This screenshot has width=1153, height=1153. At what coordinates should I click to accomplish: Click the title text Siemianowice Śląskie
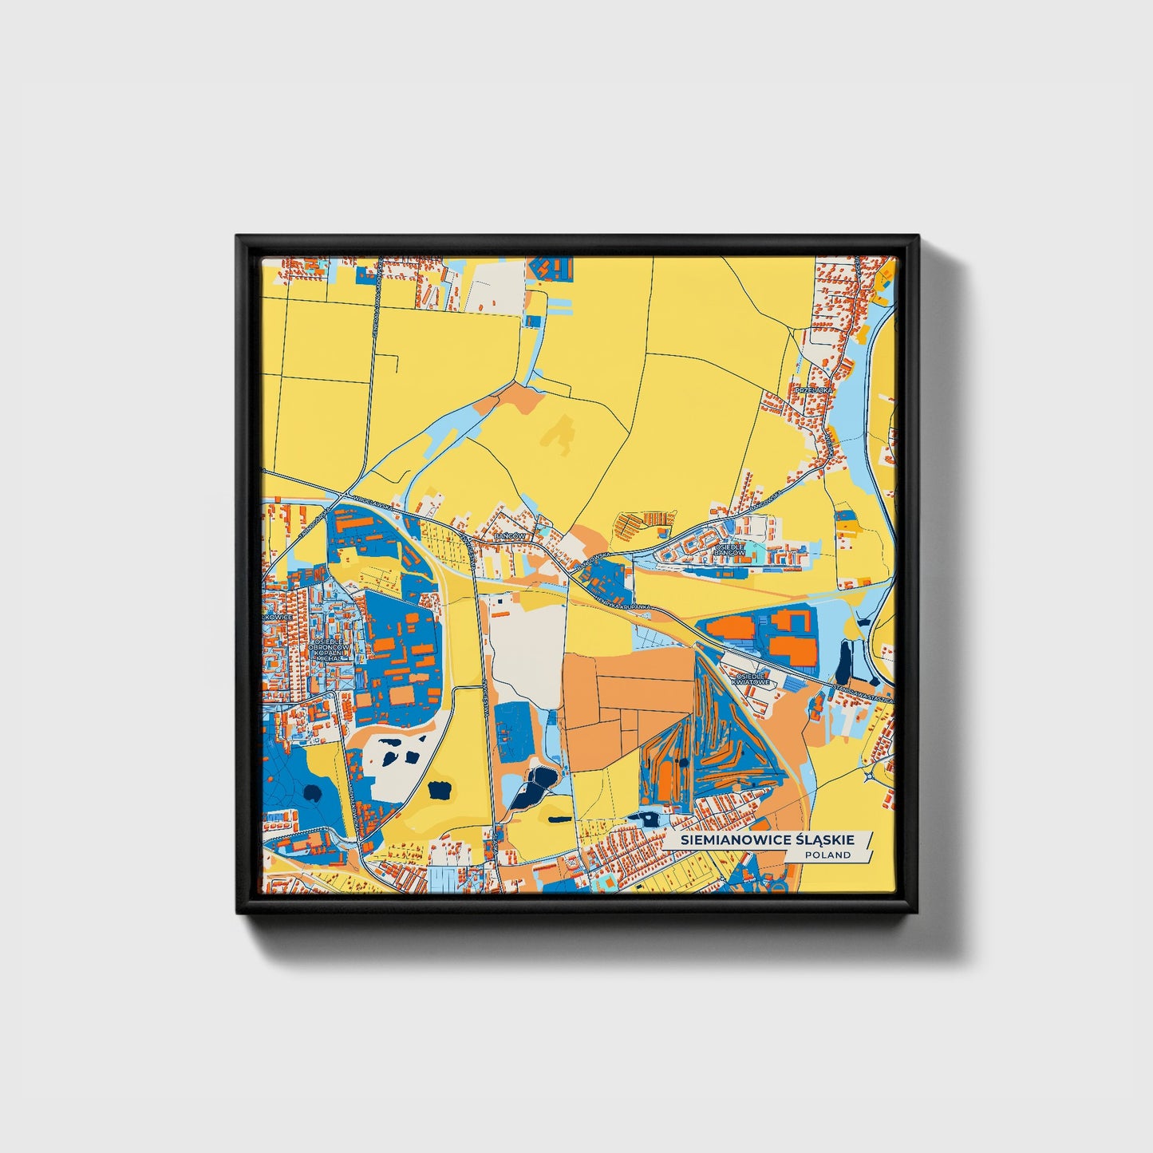[x=766, y=840]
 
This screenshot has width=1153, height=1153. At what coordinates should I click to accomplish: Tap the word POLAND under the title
[x=827, y=855]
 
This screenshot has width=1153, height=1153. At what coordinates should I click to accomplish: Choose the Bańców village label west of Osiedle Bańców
[x=510, y=536]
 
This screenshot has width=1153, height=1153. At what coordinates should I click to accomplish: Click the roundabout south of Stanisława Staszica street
[x=869, y=773]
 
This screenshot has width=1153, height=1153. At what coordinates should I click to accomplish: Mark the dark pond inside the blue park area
[x=312, y=793]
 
